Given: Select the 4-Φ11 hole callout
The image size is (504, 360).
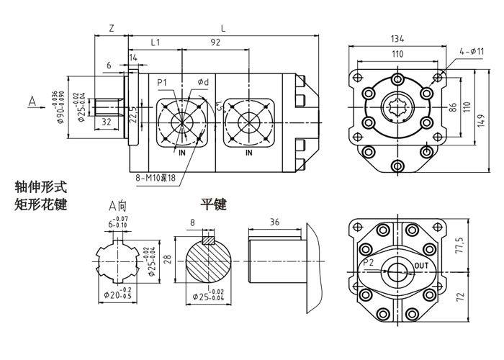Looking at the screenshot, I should (x=471, y=51).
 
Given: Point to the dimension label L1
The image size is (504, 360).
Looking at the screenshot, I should (x=156, y=43).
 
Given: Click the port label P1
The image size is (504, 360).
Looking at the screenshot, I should (x=163, y=84).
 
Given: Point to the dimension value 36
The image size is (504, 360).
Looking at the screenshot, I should (x=274, y=221).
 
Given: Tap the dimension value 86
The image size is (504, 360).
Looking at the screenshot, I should (x=453, y=107).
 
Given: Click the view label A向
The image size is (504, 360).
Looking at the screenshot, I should (x=117, y=206).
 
